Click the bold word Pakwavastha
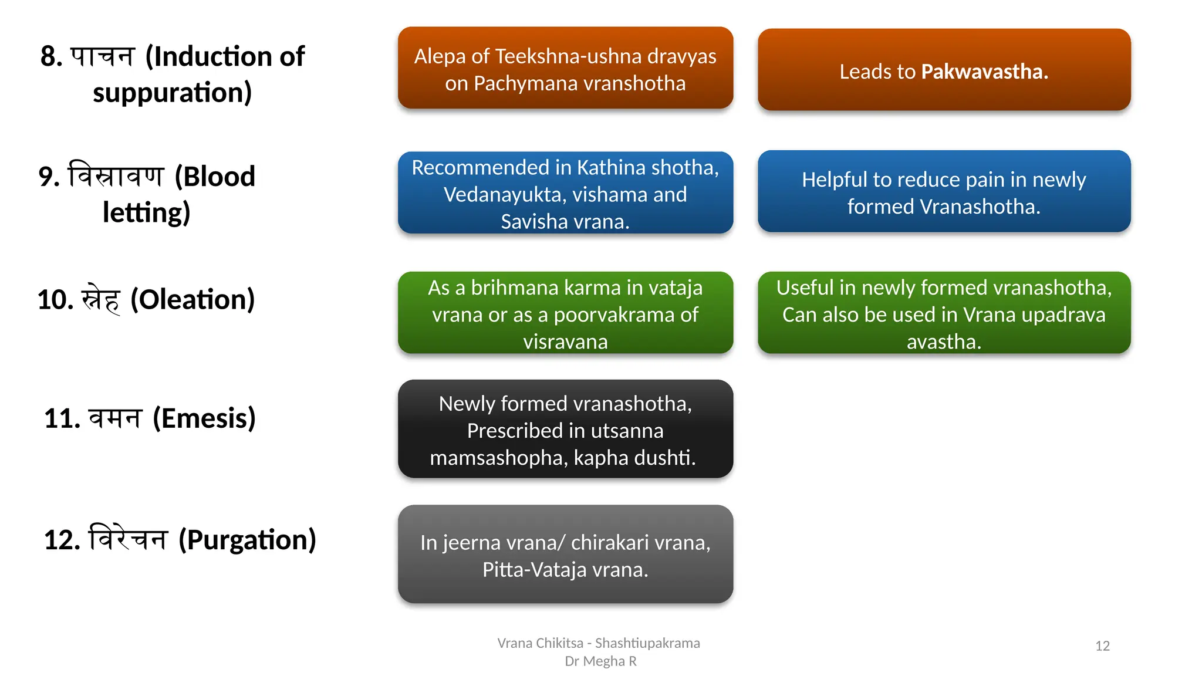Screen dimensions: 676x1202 984,72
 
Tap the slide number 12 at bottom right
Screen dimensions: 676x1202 1102,646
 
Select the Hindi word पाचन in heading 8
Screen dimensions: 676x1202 103,57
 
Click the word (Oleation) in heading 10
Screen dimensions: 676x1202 193,299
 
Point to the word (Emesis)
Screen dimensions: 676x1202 204,418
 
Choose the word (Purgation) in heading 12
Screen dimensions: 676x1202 247,539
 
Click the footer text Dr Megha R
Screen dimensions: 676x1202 600,661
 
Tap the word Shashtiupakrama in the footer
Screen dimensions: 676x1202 647,643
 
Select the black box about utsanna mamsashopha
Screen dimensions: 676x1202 565,429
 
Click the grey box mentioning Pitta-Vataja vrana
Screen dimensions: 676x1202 565,555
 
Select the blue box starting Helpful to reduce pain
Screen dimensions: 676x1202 944,192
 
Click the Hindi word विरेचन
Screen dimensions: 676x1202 128,538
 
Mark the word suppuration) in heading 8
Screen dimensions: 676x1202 172,93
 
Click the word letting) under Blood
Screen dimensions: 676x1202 146,212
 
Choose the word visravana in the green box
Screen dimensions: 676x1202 565,342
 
